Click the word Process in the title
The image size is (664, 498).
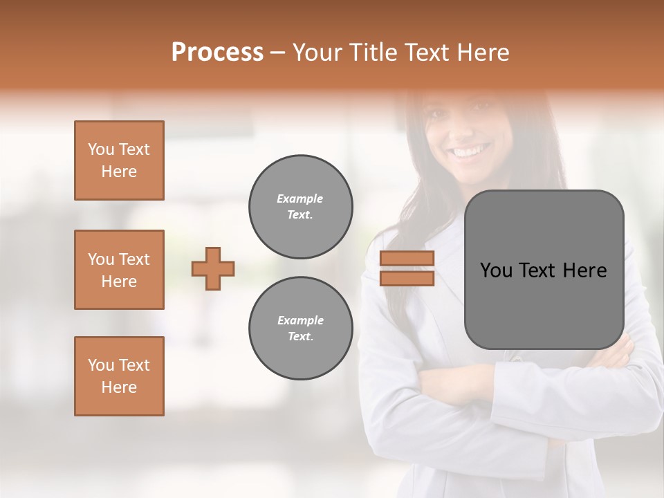tap(217, 53)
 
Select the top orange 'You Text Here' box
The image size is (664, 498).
tap(119, 160)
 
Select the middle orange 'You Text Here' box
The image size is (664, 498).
tap(119, 270)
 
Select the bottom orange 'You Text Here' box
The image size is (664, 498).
tap(119, 376)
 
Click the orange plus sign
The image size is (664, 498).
tap(213, 268)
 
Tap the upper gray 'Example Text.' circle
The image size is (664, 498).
tap(300, 207)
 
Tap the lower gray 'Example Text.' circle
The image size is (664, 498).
tap(300, 329)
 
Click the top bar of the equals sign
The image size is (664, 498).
tap(407, 258)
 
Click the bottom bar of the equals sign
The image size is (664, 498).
tap(407, 279)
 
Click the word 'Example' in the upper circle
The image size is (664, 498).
tap(300, 199)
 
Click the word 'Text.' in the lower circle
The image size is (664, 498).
tap(300, 337)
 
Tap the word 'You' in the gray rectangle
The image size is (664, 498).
tap(496, 270)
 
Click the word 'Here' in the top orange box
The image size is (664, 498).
tap(119, 172)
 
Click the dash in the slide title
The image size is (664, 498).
tap(277, 53)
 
